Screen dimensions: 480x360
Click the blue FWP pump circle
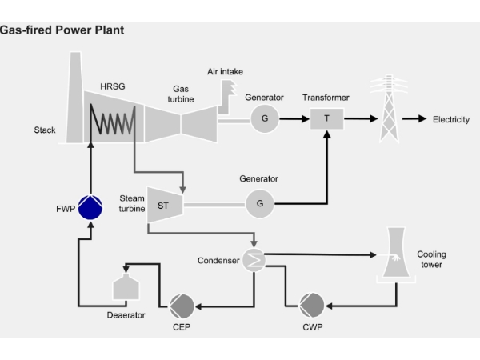click(90, 207)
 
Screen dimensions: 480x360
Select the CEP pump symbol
click(182, 306)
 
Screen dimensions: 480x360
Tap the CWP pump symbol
click(312, 306)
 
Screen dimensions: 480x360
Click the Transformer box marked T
click(326, 118)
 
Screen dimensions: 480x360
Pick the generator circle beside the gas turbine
click(265, 118)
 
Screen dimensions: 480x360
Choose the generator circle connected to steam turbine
click(259, 203)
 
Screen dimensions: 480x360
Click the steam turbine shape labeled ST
click(165, 205)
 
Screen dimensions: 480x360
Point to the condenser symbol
click(254, 260)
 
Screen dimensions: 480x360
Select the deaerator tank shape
click(126, 286)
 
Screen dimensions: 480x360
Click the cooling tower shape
click(396, 254)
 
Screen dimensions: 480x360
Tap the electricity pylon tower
click(389, 109)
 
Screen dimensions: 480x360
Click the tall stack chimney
click(74, 98)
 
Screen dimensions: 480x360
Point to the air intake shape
click(227, 98)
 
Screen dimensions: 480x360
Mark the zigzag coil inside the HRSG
click(112, 119)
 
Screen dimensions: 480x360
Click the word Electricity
click(451, 119)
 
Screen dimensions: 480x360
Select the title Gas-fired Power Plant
click(62, 30)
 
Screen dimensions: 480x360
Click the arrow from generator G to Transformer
click(294, 118)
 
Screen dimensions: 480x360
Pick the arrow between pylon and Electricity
click(414, 118)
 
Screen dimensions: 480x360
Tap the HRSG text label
click(113, 86)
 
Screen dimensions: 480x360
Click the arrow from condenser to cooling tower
click(320, 254)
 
